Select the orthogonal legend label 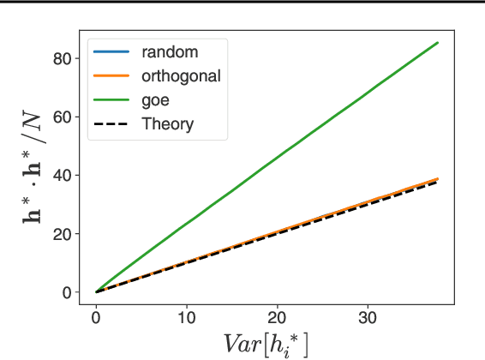click(182, 76)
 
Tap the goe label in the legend click(157, 100)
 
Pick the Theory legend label click(168, 124)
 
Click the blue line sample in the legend click(111, 52)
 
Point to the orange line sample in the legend click(111, 76)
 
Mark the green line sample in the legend click(111, 100)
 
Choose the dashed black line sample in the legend click(111, 124)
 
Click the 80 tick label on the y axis click(60, 58)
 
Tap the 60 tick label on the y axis click(60, 117)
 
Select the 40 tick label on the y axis click(60, 175)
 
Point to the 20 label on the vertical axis click(60, 233)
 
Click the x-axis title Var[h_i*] click(266, 343)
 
